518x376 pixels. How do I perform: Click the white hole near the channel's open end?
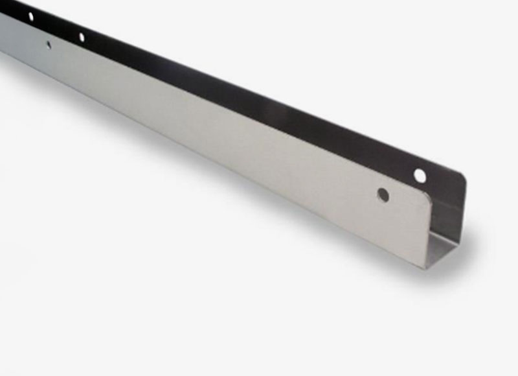tap(420, 175)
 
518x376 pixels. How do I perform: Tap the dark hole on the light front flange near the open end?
tap(383, 194)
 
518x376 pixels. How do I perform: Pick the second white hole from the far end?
tap(82, 37)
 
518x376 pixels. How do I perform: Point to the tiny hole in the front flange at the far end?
tap(49, 45)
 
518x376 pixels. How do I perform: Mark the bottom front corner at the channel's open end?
tap(426, 266)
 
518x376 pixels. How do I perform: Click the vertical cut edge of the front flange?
tap(430, 233)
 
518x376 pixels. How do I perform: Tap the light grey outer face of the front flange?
tap(227, 130)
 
